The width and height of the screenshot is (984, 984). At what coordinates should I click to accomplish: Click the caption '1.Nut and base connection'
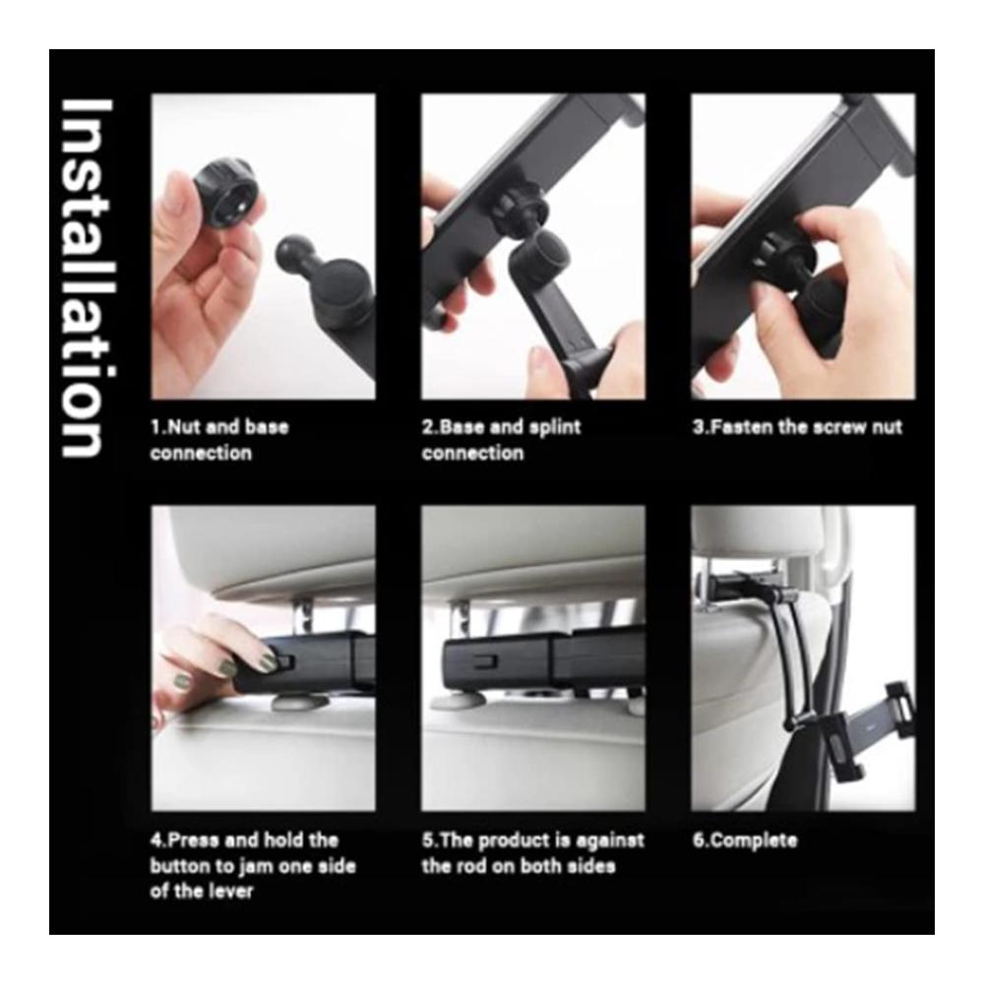pos(219,439)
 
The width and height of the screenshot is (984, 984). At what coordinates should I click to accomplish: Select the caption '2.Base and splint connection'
pos(501,439)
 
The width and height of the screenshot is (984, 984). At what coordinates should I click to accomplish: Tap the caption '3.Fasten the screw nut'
pos(797,427)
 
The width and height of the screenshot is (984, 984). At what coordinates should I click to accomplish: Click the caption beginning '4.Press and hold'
pos(252,865)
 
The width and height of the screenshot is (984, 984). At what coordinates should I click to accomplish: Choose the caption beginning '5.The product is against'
pos(532,853)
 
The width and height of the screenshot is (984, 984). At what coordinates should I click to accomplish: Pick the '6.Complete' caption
pos(745,840)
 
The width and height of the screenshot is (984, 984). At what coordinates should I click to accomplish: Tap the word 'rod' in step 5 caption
pos(469,866)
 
